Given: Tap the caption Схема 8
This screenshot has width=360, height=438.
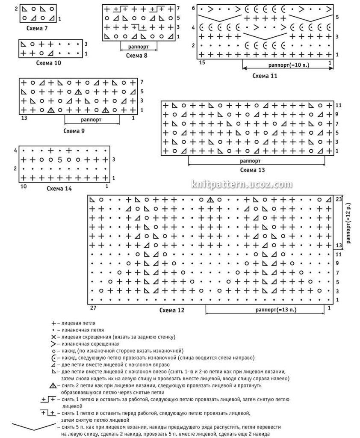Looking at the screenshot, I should pos(137,55).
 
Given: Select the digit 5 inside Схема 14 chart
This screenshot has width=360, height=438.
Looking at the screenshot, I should pos(60,160).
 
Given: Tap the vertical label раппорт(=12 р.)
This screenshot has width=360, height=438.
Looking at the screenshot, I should pos(349,222).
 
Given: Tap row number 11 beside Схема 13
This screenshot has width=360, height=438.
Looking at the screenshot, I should pos(338,105).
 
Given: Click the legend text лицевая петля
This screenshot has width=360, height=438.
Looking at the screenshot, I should pos(78,323).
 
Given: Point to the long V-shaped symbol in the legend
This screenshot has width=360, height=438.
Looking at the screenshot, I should pos(32,426).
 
